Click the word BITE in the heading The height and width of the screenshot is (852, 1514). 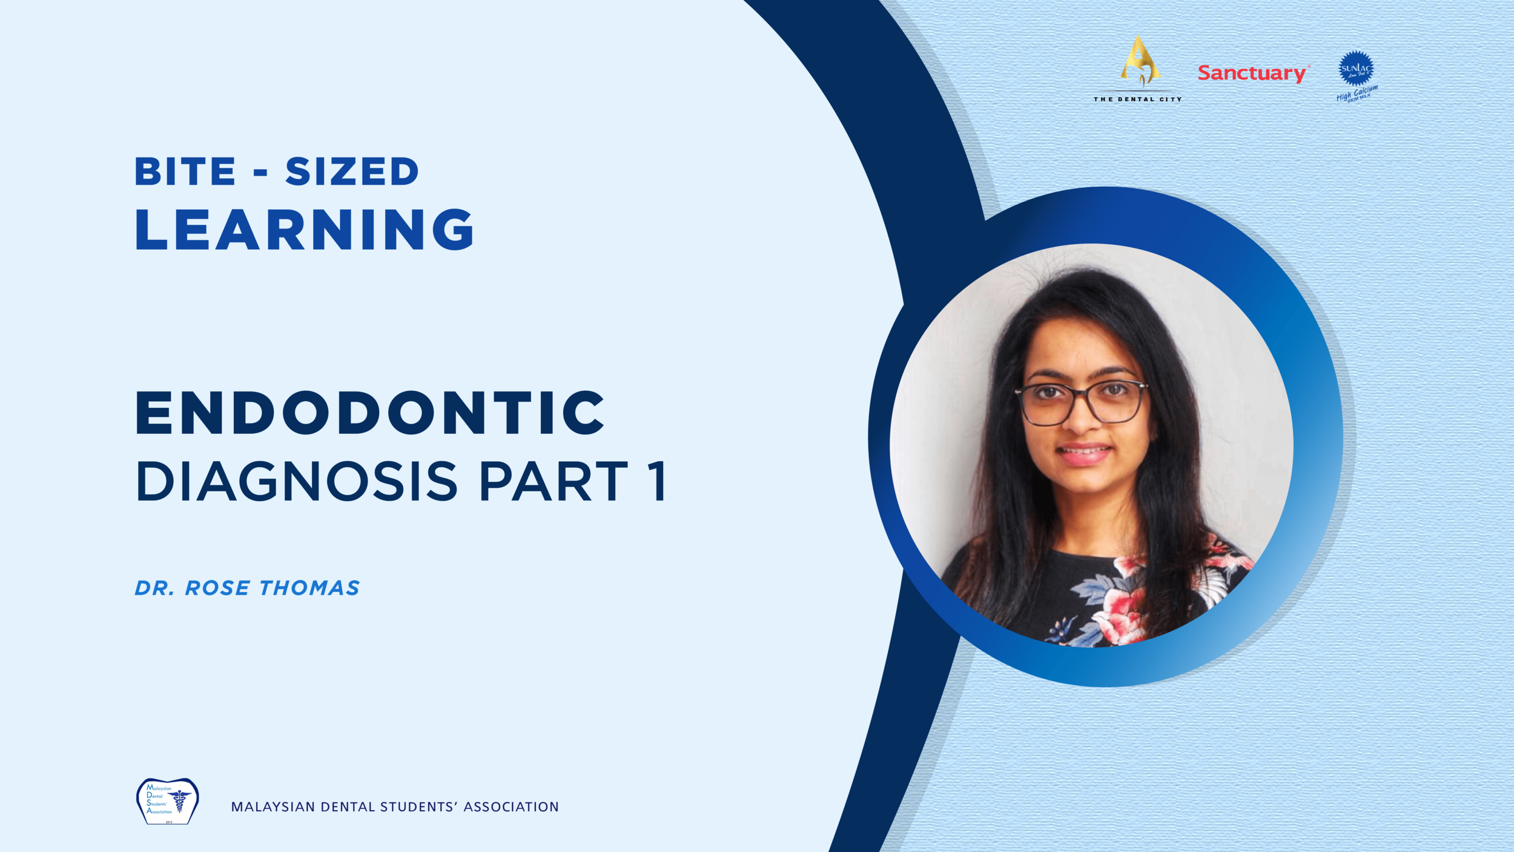(x=185, y=171)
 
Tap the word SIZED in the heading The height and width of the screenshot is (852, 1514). (x=352, y=171)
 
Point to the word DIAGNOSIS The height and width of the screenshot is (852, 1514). (x=297, y=481)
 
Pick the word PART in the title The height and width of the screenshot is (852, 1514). (x=554, y=481)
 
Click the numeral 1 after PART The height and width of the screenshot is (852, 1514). (x=656, y=481)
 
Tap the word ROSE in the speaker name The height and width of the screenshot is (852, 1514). (x=217, y=588)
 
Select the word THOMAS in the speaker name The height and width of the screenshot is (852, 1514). (x=309, y=588)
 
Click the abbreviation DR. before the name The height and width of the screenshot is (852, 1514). (x=154, y=588)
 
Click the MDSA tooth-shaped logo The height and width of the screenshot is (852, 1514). (x=168, y=800)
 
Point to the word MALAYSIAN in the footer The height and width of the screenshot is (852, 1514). (x=273, y=807)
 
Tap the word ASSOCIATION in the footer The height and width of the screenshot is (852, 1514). (x=511, y=807)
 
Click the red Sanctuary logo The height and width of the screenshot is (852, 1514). (x=1252, y=73)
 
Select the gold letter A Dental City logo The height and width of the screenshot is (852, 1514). (x=1140, y=61)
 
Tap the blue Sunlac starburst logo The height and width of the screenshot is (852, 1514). (x=1356, y=68)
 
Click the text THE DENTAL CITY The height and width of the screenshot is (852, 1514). (x=1137, y=99)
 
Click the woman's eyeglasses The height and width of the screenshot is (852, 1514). (x=1082, y=402)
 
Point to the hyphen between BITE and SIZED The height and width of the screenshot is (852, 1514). (x=260, y=174)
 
